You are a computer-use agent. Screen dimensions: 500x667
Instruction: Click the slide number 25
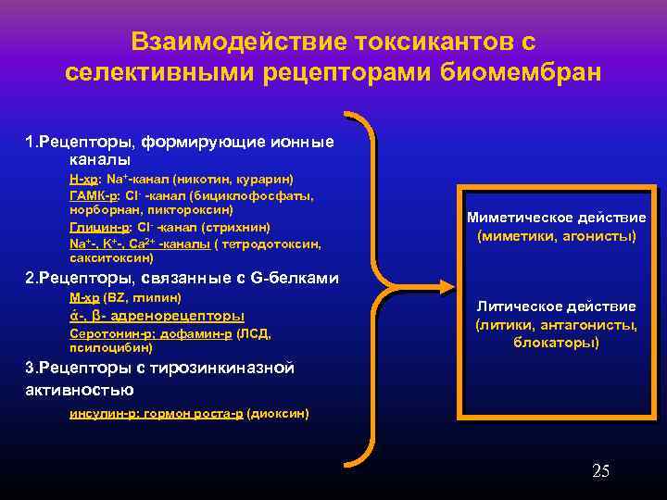(x=600, y=471)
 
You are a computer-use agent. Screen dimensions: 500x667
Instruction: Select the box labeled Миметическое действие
(x=556, y=227)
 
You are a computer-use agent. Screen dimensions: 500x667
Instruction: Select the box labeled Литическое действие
(x=556, y=324)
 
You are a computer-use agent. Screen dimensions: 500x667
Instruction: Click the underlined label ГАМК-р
(x=92, y=196)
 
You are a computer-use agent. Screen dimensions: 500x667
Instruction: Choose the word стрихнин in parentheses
(x=242, y=226)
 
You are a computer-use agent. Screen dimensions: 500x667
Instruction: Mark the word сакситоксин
(x=108, y=257)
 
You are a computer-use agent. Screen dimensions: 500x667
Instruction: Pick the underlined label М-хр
(x=84, y=297)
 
